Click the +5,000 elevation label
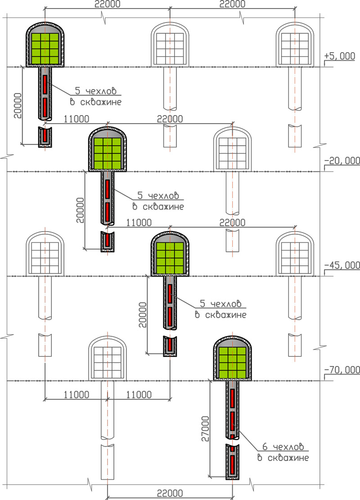[340, 56]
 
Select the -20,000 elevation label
[342, 161]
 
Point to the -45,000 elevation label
[342, 265]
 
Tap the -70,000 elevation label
[342, 370]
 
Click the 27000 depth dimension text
[206, 429]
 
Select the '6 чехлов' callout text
[283, 447]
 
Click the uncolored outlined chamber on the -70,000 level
[108, 358]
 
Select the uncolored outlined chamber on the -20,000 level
[232, 149]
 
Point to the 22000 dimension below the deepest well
[170, 493]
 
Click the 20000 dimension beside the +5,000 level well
[18, 106]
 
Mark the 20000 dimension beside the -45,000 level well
[143, 315]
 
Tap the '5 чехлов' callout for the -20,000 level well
[158, 196]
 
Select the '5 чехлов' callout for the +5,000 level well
[95, 91]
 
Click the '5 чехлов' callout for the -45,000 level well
[220, 304]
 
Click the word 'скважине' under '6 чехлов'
[288, 458]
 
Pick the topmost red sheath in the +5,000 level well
[45, 85]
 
